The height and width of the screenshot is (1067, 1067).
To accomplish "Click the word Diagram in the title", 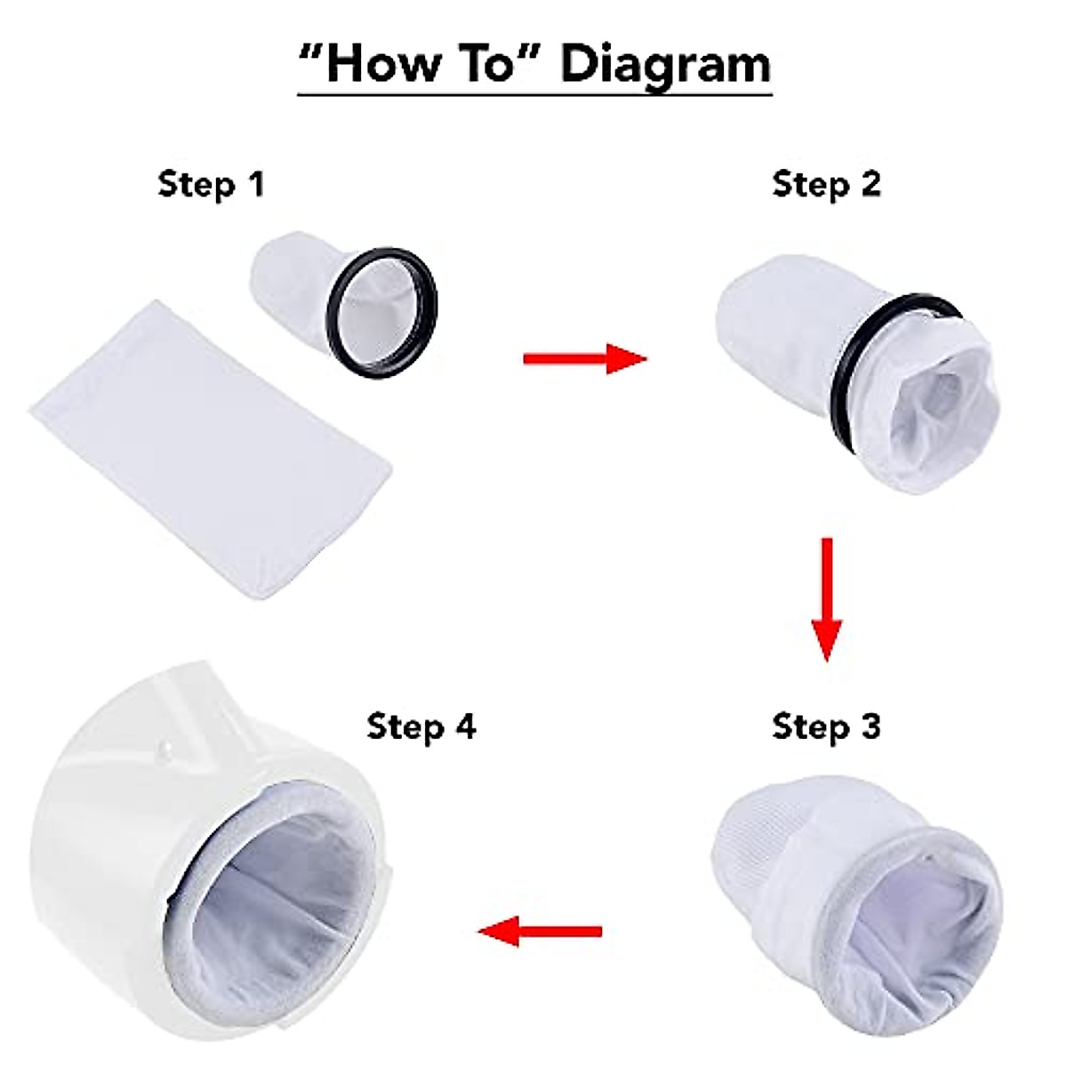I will pos(665,66).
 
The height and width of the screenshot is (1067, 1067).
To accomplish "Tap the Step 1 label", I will pos(211,184).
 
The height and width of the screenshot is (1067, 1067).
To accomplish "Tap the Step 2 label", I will pos(826,184).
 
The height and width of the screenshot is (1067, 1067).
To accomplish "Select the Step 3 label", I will pos(826,726).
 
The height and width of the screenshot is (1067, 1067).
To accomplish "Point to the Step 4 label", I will pos(421,726).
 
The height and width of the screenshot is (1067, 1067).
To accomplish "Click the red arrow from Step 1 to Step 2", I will pos(584,358).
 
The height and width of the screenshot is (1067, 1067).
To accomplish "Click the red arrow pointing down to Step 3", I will pos(826,598).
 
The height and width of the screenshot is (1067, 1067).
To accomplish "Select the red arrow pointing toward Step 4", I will pos(540,932).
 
